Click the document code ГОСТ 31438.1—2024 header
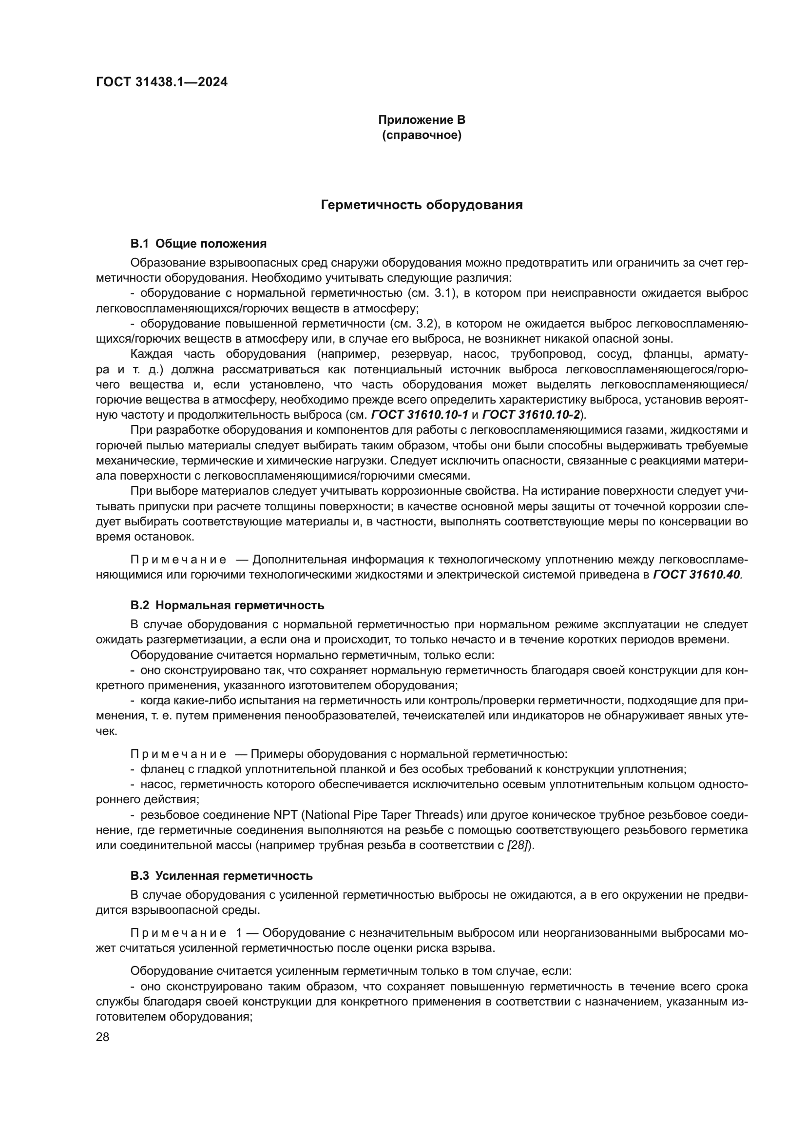tap(162, 82)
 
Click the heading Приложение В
tap(422, 120)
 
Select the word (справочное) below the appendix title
tap(422, 135)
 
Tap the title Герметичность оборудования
tap(422, 205)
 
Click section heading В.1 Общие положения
tap(198, 243)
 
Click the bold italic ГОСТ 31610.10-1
tap(420, 415)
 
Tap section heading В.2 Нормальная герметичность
tap(227, 605)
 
